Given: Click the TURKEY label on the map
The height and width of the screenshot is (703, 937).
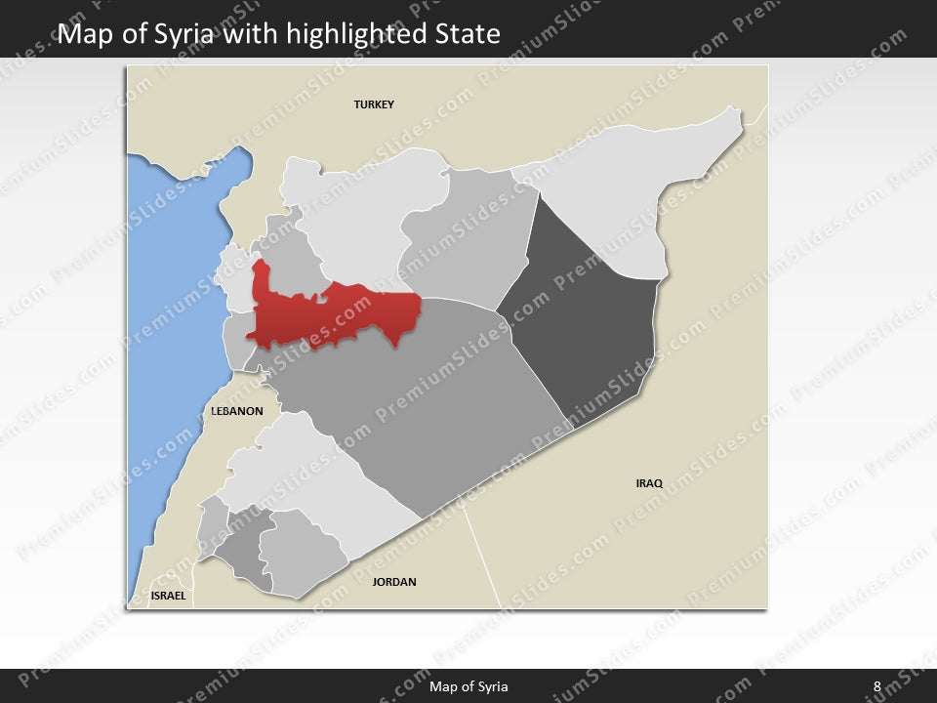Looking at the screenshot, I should point(374,104).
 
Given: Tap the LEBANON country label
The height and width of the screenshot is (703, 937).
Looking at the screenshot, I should point(237,411).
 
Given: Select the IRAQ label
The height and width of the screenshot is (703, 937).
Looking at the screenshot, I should point(649,483).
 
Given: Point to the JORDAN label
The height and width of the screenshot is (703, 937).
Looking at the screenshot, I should point(394,582).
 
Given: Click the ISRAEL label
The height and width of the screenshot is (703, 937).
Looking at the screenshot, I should point(168,595).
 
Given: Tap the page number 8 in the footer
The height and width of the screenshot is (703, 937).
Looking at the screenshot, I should point(876,686).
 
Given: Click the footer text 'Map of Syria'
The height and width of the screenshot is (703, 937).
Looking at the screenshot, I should point(468,686).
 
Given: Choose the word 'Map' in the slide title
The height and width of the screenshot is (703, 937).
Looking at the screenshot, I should point(82,35).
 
